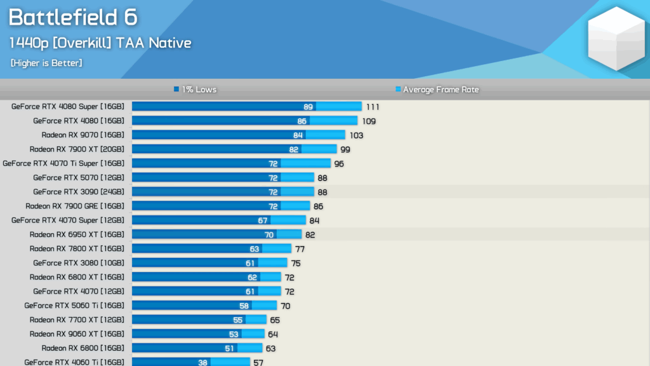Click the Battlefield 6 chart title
pyautogui.click(x=73, y=18)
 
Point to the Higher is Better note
pyautogui.click(x=46, y=63)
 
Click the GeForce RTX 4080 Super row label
pyautogui.click(x=68, y=107)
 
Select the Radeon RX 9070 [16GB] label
pyautogui.click(x=83, y=135)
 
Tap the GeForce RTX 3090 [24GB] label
pyautogui.click(x=79, y=192)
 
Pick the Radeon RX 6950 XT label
pyautogui.click(x=77, y=234)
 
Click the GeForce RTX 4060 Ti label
pyautogui.click(x=74, y=362)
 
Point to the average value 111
pyautogui.click(x=373, y=107)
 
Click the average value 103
pyautogui.click(x=356, y=135)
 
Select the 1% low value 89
pyautogui.click(x=308, y=107)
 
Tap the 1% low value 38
pyautogui.click(x=203, y=362)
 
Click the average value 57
pyautogui.click(x=258, y=362)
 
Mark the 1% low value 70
pyautogui.click(x=269, y=234)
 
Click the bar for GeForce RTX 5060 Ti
pyautogui.click(x=204, y=306)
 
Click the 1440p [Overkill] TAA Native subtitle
pyautogui.click(x=100, y=43)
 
